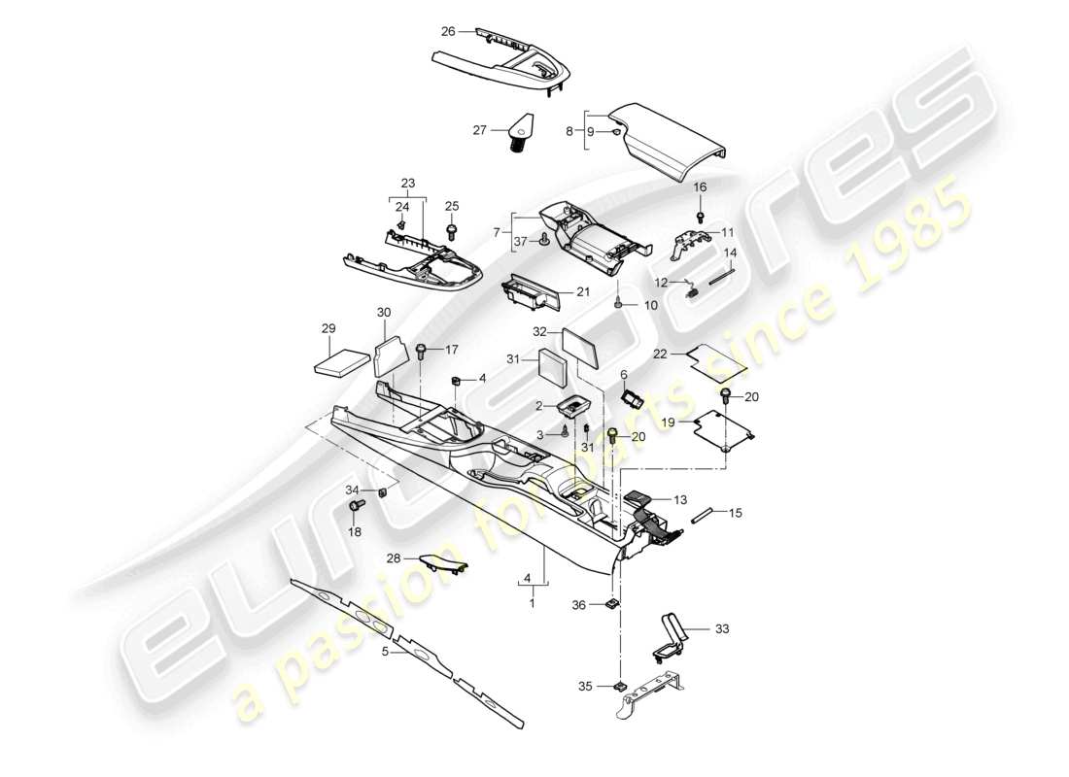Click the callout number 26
pos(448,31)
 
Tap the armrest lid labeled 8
pos(673,141)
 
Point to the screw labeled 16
pos(700,214)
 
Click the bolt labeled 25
pos(452,231)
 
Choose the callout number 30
pos(383,312)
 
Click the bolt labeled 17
pos(422,352)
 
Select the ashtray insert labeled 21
pos(533,291)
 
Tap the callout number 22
pos(661,355)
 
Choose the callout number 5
pos(386,653)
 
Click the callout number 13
pos(680,499)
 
